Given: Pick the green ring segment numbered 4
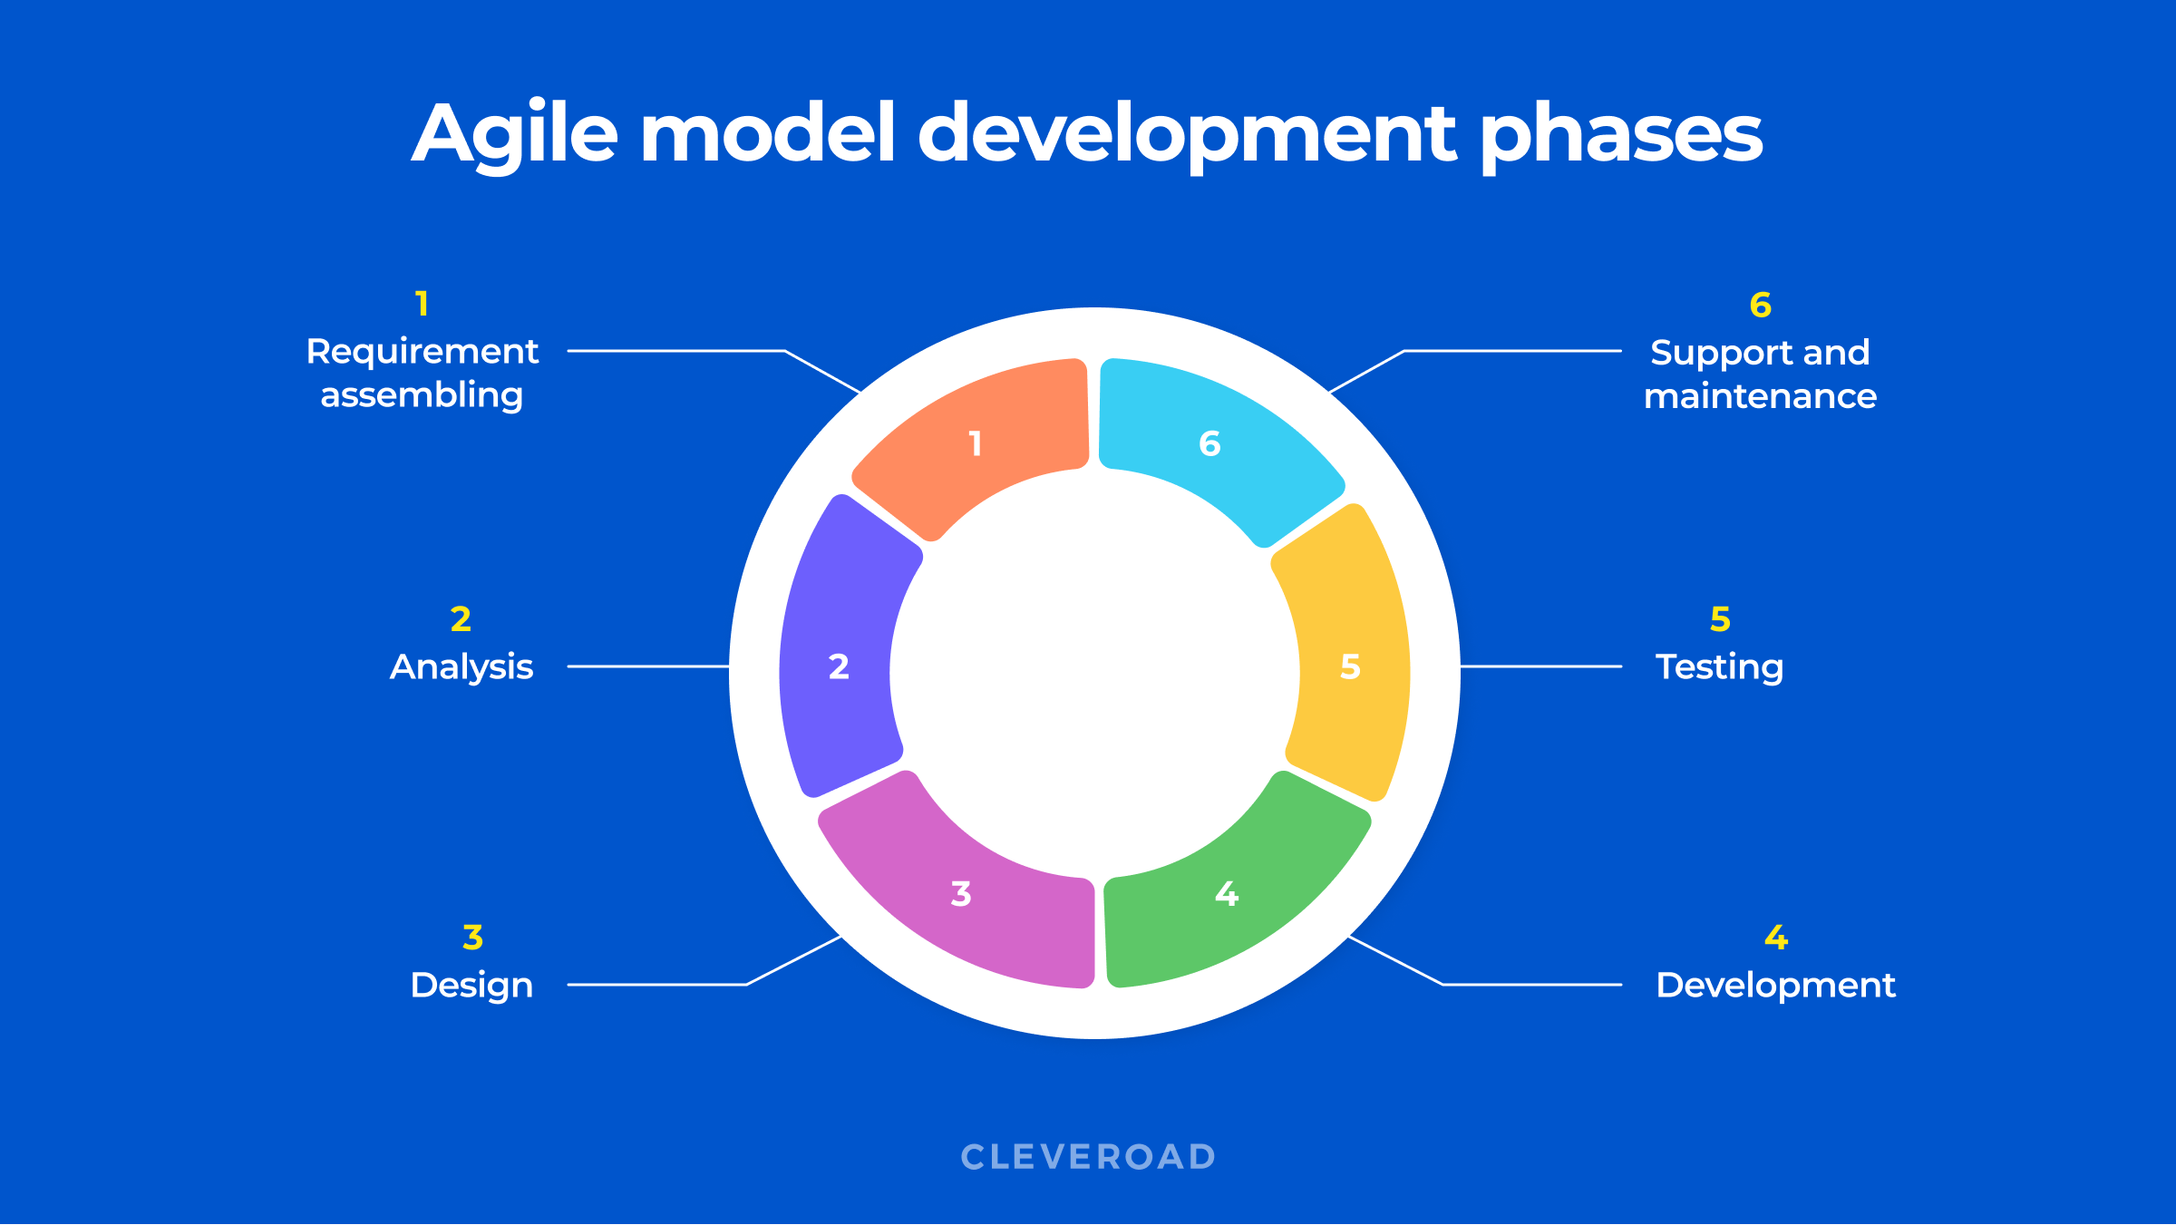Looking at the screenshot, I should [1226, 893].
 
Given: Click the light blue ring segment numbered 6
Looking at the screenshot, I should [1210, 442].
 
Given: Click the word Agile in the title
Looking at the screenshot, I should [515, 133].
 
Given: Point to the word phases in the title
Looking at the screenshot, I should [1621, 133].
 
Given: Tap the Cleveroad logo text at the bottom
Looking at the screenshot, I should [1088, 1157].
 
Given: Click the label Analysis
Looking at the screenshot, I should [461, 667].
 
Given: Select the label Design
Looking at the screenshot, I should [471, 986].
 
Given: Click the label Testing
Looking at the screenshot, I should [1719, 667].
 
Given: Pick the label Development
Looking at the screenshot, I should [1775, 986].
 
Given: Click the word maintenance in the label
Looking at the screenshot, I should [1760, 396].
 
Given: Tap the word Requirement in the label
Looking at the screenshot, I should [423, 352].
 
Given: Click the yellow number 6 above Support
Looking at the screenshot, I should [1760, 306].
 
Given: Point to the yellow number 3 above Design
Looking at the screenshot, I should [472, 938].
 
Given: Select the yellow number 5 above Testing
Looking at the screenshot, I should [1720, 619].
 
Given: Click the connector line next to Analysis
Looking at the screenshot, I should [648, 666].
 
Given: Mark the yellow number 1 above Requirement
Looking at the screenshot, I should [422, 304].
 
